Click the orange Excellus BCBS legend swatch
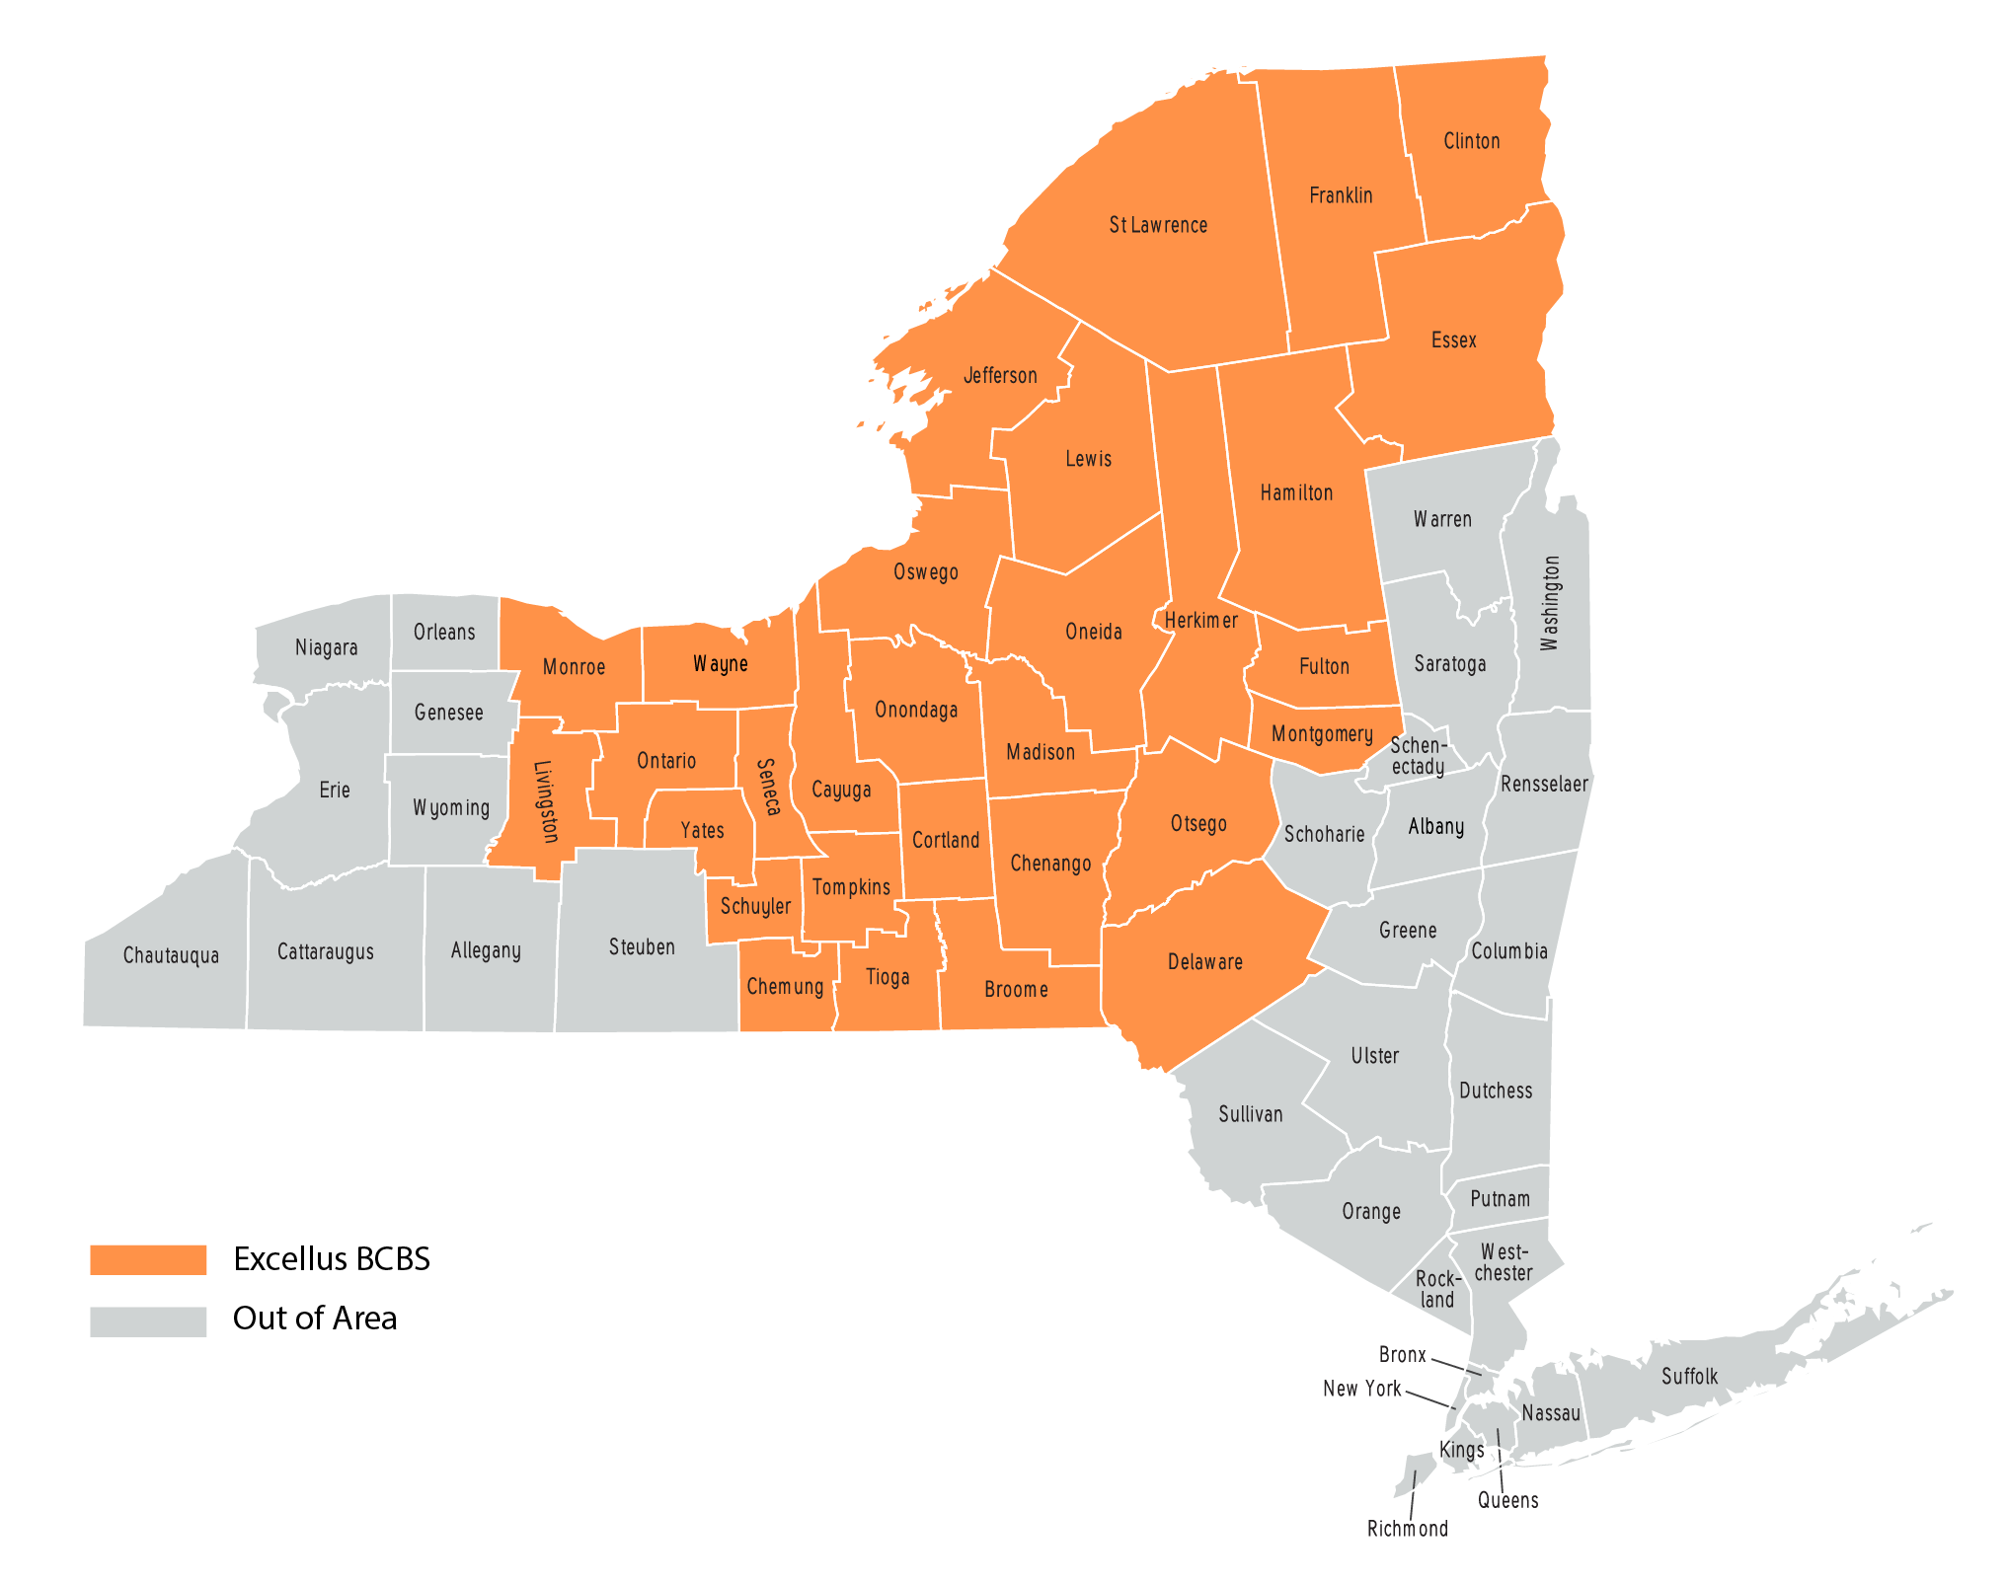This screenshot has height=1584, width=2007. click(148, 1259)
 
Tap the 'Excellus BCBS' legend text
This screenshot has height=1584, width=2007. click(332, 1259)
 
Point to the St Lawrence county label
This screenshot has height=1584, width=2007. click(1158, 225)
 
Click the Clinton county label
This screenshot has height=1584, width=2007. click(1471, 141)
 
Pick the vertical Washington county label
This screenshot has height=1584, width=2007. click(1550, 603)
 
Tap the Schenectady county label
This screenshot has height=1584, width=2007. click(1419, 756)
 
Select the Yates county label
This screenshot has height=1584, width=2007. click(702, 831)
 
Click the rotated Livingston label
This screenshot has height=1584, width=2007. click(546, 801)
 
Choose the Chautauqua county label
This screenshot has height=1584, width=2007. click(171, 955)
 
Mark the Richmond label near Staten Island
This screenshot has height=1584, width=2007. click(1407, 1529)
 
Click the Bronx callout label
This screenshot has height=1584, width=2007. click(1402, 1355)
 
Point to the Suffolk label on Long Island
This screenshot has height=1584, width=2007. click(1689, 1377)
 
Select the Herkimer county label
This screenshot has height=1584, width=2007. click(1200, 621)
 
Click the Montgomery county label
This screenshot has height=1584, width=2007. click(1322, 734)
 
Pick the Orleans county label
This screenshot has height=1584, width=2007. click(444, 632)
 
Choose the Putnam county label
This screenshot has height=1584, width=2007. click(1500, 1199)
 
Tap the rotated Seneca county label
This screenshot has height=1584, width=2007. click(768, 787)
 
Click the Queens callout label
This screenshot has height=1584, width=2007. click(1507, 1501)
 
